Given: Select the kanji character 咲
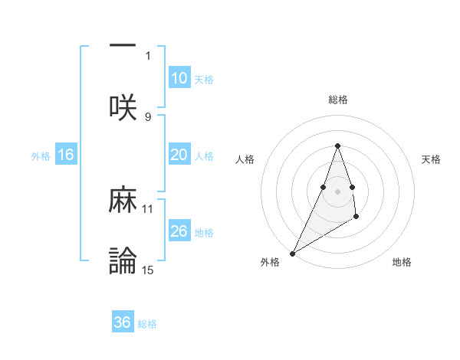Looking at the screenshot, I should coord(123,108).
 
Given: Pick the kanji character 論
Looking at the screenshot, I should coord(123,261).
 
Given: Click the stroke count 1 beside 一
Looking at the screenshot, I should coord(148,56).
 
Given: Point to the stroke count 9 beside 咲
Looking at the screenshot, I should coord(148,116).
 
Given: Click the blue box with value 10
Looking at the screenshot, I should coord(179,78).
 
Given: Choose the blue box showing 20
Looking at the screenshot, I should coord(179,155).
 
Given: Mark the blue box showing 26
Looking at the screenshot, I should coord(179,231).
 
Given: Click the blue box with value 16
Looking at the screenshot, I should coord(66,155).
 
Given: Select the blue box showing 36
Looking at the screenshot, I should coord(123,322).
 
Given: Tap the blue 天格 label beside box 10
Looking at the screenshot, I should coord(204,79).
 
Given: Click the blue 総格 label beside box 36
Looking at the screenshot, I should coord(147,324).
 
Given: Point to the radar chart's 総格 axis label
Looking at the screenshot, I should coord(337,100).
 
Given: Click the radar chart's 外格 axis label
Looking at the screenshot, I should coord(270,262).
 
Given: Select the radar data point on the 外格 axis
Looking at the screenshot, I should coord(292,253).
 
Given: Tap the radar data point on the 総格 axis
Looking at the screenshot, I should coord(337,146).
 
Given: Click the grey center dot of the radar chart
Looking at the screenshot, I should coord(337,191).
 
